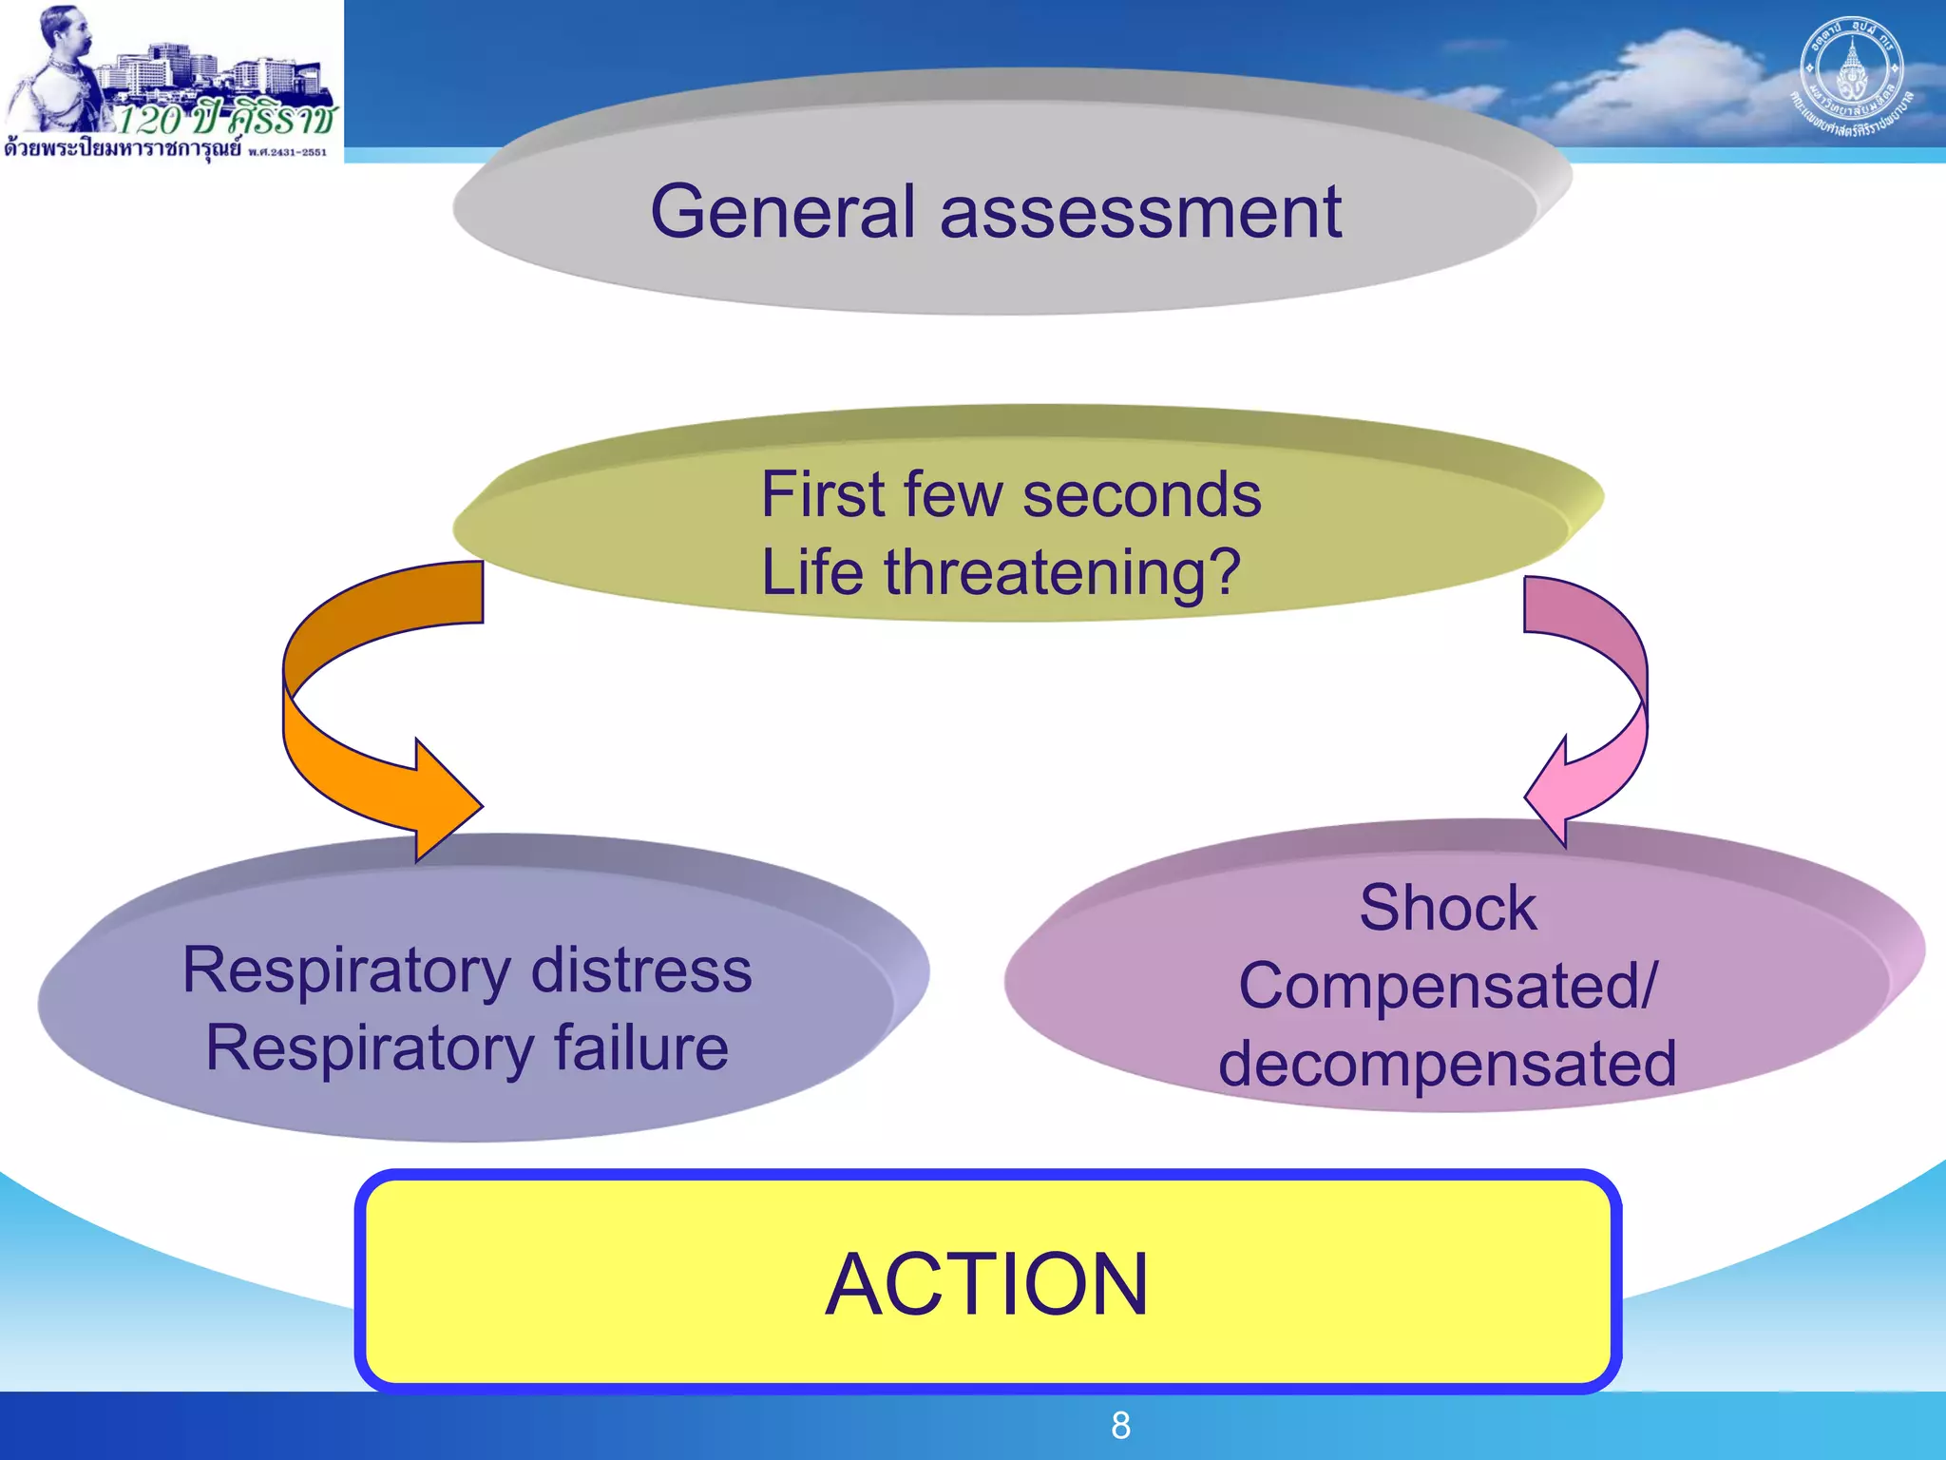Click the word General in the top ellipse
[782, 212]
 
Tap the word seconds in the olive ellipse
[1141, 495]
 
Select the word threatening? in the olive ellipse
[1062, 573]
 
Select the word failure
[640, 1048]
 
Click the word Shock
[1447, 908]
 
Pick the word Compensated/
[1447, 986]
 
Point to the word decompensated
[1447, 1064]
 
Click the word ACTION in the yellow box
[986, 1284]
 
